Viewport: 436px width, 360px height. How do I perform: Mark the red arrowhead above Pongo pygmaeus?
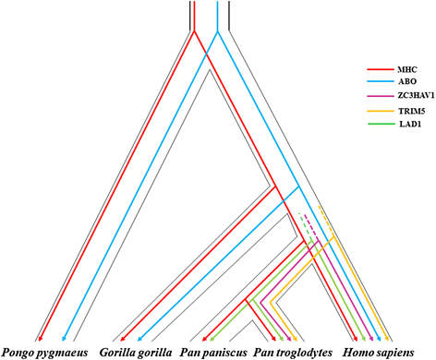40,340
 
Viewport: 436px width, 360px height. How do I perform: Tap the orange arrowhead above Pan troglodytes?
294,339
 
